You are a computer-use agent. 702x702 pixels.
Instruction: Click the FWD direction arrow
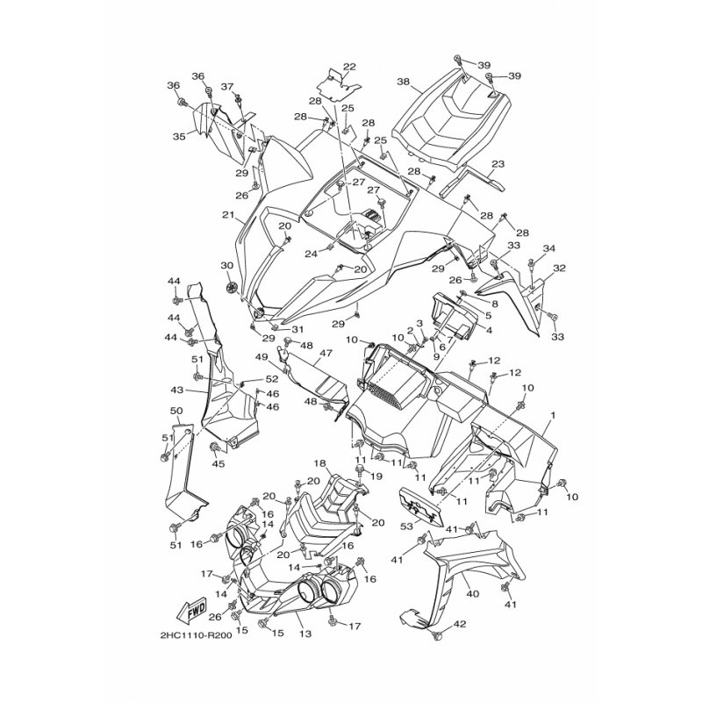[190, 610]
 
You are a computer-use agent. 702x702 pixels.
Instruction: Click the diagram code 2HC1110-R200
[196, 635]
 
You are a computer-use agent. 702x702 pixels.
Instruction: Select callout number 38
[403, 82]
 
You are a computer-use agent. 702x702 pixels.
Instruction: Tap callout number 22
[349, 68]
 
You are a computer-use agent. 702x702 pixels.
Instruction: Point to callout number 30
[227, 266]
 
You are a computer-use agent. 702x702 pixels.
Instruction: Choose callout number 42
[460, 625]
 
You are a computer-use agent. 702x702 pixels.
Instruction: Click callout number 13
[305, 634]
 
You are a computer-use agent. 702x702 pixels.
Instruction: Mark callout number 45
[218, 464]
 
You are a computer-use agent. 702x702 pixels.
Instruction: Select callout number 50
[176, 411]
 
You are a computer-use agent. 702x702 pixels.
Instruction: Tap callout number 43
[177, 390]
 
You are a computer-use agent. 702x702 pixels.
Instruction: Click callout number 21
[228, 215]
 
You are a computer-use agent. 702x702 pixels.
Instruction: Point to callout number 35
[179, 137]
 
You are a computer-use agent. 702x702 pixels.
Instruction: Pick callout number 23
[498, 164]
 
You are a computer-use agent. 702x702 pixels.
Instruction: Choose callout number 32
[559, 269]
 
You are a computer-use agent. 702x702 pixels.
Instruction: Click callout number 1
[554, 415]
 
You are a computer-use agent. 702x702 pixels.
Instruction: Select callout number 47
[326, 354]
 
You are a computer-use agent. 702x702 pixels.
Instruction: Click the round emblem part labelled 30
[233, 288]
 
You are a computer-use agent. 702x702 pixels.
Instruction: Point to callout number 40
[472, 594]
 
